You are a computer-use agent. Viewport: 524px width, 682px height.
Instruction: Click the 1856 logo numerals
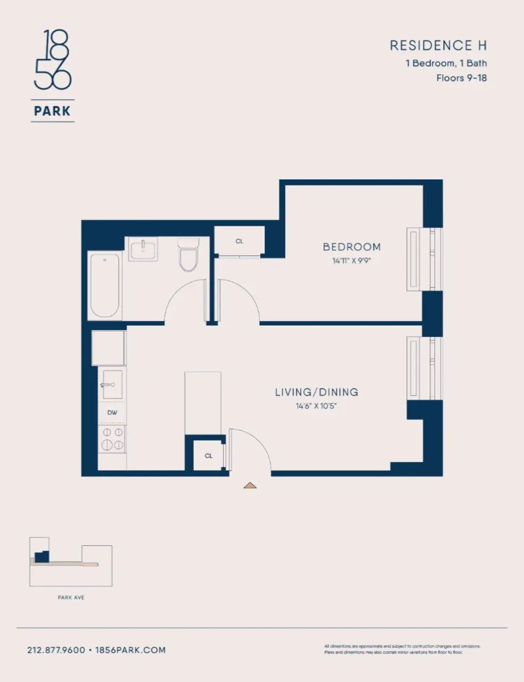pyautogui.click(x=53, y=61)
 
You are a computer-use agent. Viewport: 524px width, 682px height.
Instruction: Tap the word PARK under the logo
pyautogui.click(x=53, y=111)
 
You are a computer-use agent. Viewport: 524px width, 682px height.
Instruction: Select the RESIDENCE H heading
pyautogui.click(x=438, y=45)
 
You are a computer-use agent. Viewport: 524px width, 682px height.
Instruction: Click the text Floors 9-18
pyautogui.click(x=461, y=78)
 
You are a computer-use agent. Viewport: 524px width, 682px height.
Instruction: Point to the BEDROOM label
pyautogui.click(x=352, y=247)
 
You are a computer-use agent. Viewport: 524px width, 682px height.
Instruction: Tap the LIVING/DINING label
pyautogui.click(x=316, y=392)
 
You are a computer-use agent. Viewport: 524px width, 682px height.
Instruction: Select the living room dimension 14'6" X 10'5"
pyautogui.click(x=316, y=406)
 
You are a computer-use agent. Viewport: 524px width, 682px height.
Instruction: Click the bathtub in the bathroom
pyautogui.click(x=105, y=285)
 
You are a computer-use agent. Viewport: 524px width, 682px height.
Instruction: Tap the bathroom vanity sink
pyautogui.click(x=143, y=249)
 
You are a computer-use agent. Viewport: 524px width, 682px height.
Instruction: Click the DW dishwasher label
pyautogui.click(x=112, y=413)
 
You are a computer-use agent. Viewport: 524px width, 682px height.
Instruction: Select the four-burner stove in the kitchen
pyautogui.click(x=112, y=439)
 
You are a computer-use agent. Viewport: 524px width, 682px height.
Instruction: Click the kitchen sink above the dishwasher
pyautogui.click(x=112, y=384)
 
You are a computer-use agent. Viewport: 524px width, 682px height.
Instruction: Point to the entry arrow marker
pyautogui.click(x=250, y=486)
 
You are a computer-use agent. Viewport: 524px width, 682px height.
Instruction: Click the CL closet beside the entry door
pyautogui.click(x=209, y=456)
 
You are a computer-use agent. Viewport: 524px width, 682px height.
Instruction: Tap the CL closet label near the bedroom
pyautogui.click(x=239, y=241)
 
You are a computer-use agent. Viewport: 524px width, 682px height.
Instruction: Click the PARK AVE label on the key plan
pyautogui.click(x=71, y=598)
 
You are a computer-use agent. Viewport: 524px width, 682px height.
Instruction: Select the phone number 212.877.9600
pyautogui.click(x=56, y=650)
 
